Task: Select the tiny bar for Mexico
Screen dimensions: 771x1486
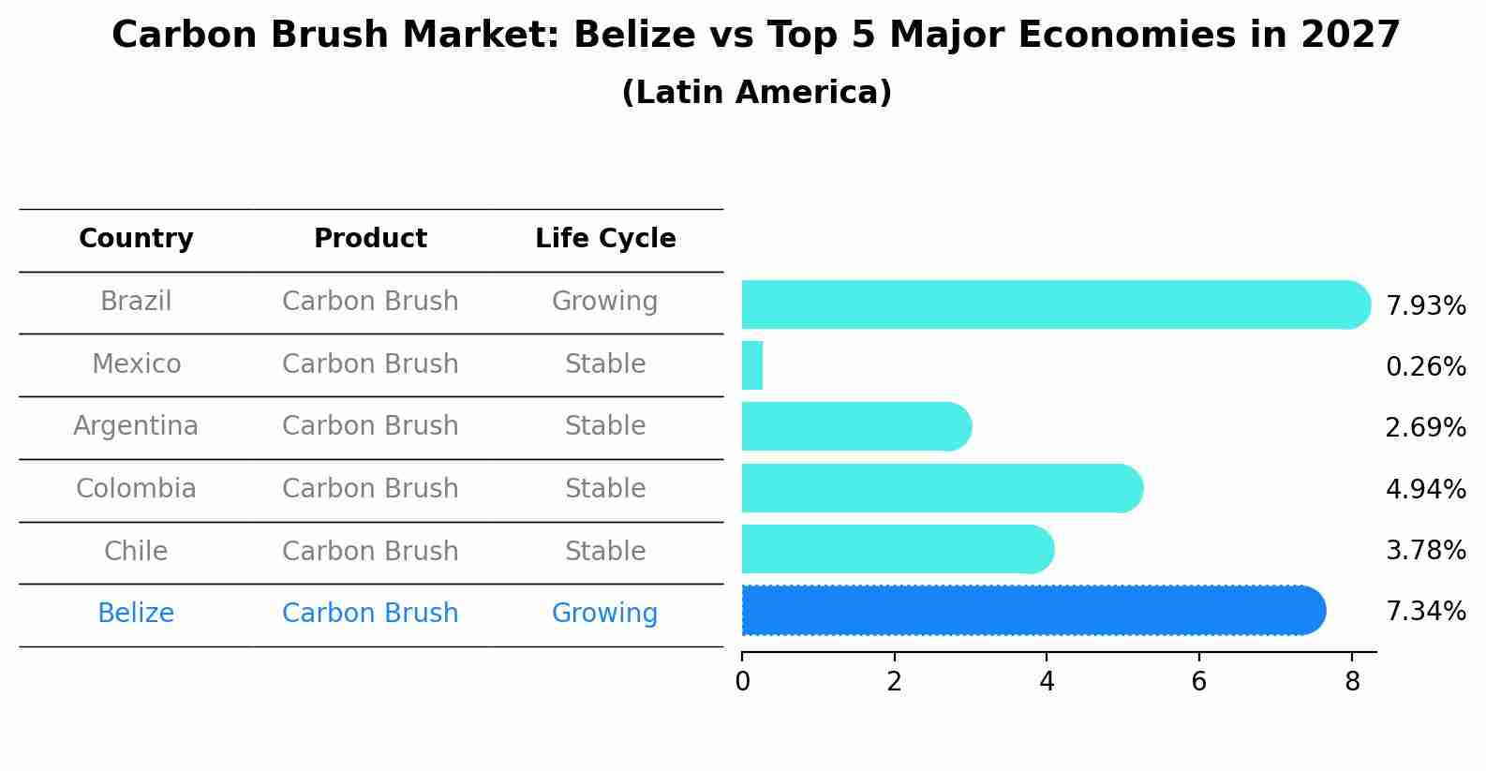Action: point(752,365)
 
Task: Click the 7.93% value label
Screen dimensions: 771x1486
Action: point(1425,306)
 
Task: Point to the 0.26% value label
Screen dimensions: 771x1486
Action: point(1425,367)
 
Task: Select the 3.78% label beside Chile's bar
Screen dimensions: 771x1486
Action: point(1425,551)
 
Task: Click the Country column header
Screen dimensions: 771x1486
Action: point(136,239)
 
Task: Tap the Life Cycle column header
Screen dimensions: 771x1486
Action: point(605,239)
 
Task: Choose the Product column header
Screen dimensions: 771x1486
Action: point(370,239)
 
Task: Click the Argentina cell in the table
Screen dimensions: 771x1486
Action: point(136,426)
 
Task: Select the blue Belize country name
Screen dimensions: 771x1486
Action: point(136,614)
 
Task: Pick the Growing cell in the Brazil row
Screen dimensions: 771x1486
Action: point(604,302)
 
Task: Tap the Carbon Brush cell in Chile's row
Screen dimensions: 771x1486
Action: point(370,552)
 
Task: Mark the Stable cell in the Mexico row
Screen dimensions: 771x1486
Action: point(605,364)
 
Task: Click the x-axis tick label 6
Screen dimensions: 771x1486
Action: point(1199,682)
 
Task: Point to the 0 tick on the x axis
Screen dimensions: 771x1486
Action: point(742,682)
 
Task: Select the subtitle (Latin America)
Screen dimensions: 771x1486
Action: point(756,93)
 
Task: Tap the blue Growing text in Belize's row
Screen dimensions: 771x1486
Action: point(604,614)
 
